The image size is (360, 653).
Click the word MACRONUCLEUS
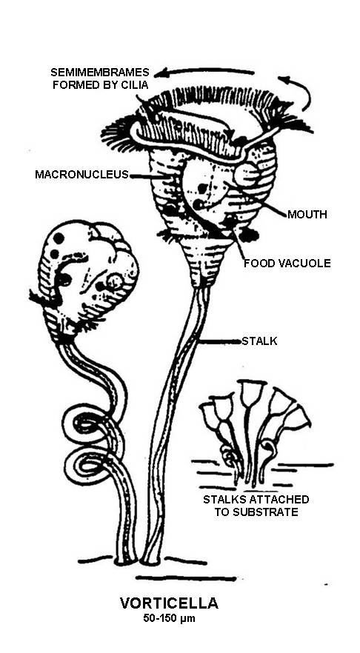tap(81, 175)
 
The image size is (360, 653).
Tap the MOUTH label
tap(307, 215)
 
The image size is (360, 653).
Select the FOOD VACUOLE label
tap(287, 264)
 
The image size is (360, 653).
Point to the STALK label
tap(259, 341)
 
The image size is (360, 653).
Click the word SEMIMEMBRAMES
tap(100, 72)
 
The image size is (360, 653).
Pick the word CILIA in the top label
tap(135, 84)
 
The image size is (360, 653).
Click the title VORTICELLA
tap(169, 603)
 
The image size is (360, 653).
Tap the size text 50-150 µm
tap(169, 618)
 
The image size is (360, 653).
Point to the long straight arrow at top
tap(204, 72)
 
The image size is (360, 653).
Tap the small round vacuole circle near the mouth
tap(247, 175)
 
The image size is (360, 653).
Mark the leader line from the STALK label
tap(221, 342)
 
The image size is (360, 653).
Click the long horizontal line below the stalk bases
tap(186, 578)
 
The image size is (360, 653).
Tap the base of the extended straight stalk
tap(150, 560)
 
